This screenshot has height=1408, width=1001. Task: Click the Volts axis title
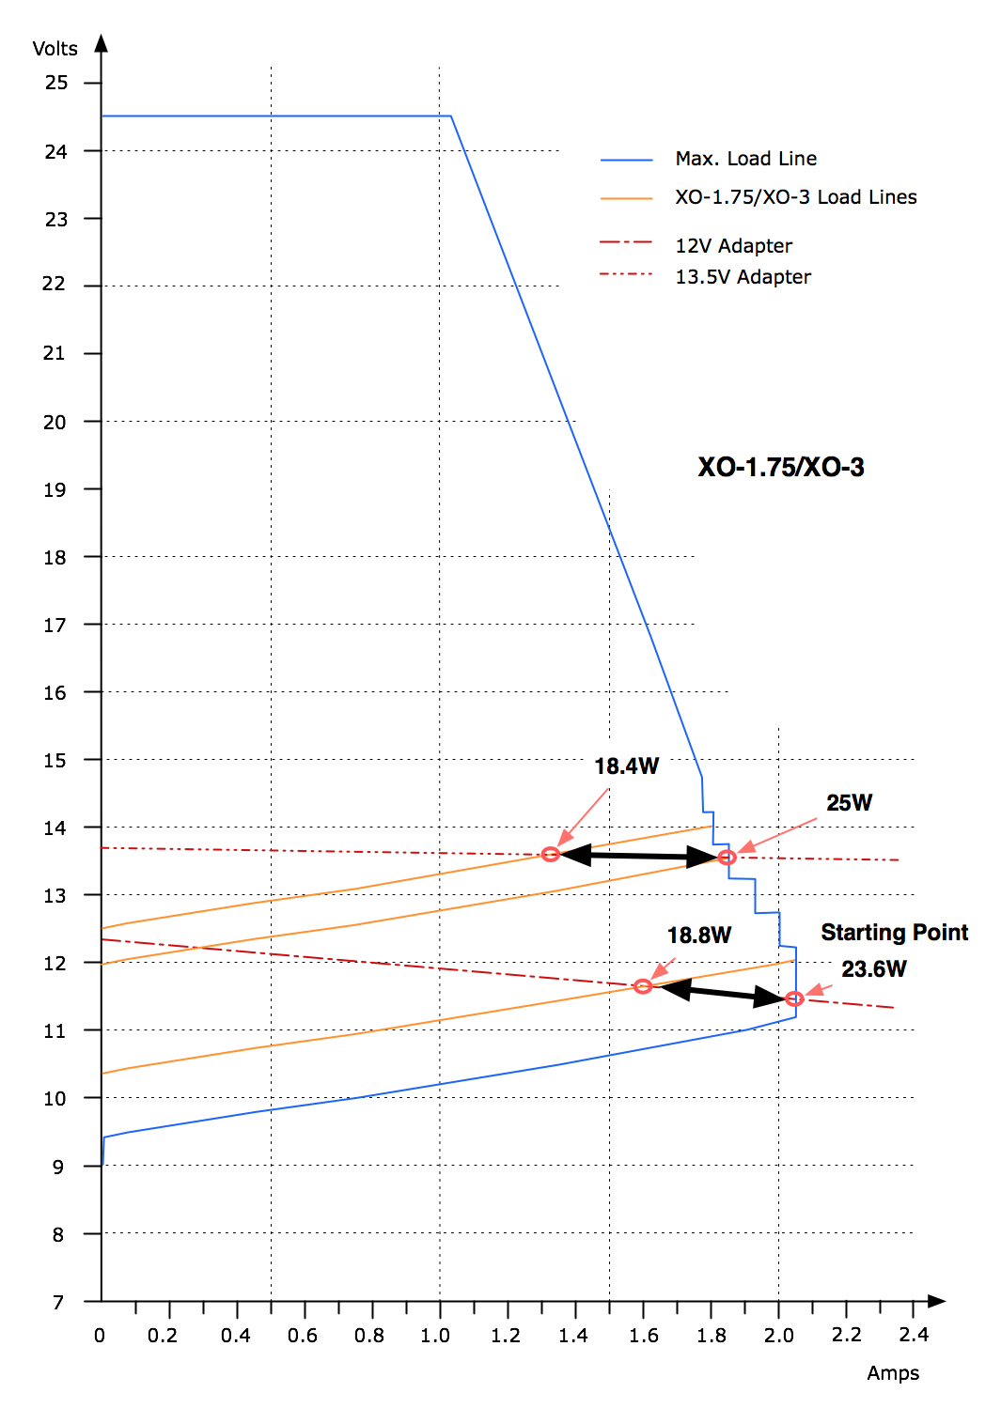(55, 49)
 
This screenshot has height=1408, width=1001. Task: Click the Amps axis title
(893, 1372)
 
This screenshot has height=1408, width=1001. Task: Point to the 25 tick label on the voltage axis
(56, 83)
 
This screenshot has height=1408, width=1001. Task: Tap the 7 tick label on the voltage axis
(58, 1302)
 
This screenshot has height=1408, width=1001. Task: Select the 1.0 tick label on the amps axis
(435, 1335)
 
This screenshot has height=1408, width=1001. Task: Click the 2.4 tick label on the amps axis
(913, 1335)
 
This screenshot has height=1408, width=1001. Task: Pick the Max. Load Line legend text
(745, 159)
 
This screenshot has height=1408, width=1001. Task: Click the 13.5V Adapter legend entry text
(743, 277)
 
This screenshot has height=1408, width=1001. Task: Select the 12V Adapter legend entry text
(733, 246)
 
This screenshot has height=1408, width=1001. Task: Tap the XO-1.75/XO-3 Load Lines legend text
(795, 197)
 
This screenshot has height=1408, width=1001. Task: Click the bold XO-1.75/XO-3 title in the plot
(780, 467)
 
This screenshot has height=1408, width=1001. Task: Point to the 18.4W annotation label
(626, 766)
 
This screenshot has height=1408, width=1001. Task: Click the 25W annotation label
(849, 803)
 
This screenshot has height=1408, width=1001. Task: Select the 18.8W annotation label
(698, 936)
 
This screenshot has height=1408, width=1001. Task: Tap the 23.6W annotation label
(873, 969)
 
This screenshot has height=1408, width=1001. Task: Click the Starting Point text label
(894, 933)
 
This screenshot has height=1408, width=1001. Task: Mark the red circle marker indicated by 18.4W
(551, 854)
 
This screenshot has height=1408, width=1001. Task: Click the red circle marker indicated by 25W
(727, 858)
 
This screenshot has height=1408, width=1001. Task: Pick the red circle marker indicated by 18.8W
(642, 986)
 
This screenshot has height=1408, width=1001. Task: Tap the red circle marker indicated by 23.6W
(794, 998)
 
